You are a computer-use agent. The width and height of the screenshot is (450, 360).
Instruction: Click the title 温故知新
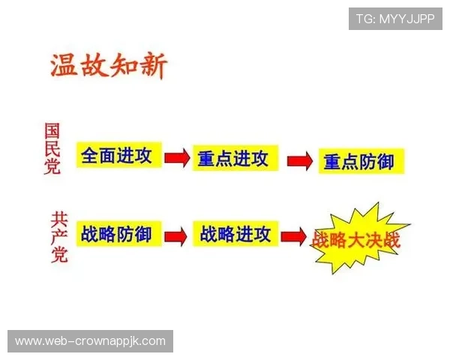point(109,66)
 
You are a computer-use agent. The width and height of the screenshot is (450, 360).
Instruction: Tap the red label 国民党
point(52,148)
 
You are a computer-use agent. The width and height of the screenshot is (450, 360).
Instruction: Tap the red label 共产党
point(58,237)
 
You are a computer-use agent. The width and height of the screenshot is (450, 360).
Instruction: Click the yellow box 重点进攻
point(232,159)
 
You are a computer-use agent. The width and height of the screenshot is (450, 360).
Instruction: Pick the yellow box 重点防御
point(359,161)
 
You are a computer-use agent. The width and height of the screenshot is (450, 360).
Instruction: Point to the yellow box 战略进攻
point(235,235)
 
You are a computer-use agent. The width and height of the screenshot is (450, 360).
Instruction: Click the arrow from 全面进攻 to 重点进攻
point(176,157)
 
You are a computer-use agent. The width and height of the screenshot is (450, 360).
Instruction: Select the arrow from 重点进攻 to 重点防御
point(298,160)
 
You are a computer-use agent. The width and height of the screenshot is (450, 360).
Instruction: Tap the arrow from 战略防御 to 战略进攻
point(175,236)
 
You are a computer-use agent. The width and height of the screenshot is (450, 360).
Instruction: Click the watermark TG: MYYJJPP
point(395,19)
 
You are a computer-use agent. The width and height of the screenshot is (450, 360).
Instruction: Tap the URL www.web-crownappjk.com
point(90,341)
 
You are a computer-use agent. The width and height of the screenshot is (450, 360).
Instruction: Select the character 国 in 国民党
point(52,130)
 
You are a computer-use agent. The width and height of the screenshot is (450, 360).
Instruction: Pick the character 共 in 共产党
point(58,218)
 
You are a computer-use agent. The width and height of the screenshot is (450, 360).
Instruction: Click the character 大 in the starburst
point(357,241)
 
